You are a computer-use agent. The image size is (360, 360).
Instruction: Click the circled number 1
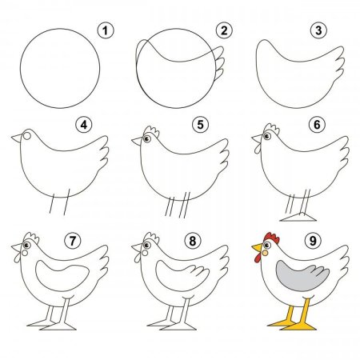coord(106,30)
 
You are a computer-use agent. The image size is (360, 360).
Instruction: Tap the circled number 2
coord(224,30)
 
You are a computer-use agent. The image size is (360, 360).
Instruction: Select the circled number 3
coord(318,30)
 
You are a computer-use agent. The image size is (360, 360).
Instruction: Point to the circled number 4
coord(84,125)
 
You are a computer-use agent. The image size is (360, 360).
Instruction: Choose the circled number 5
coord(200,125)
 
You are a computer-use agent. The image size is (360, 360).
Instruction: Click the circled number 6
coord(317,125)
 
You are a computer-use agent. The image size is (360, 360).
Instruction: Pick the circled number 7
coord(73,241)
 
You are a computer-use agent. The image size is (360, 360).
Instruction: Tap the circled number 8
coord(193,241)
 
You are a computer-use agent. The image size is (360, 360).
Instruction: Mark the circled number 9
coord(313,241)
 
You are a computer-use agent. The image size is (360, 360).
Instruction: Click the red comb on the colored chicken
coord(273,238)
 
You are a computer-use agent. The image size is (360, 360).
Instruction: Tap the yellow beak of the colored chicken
coord(258,247)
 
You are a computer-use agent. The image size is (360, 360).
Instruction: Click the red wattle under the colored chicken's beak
coord(258,258)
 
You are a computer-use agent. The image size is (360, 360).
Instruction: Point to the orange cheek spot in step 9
coord(265,253)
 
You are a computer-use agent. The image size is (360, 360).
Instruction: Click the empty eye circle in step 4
coord(27,136)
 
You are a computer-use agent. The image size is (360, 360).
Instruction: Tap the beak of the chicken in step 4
coord(17,138)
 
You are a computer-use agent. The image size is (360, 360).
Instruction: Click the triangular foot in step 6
coord(298,217)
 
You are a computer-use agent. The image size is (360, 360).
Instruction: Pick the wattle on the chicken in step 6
coord(258,149)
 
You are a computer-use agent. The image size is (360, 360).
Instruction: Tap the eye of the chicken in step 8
coord(146,245)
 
